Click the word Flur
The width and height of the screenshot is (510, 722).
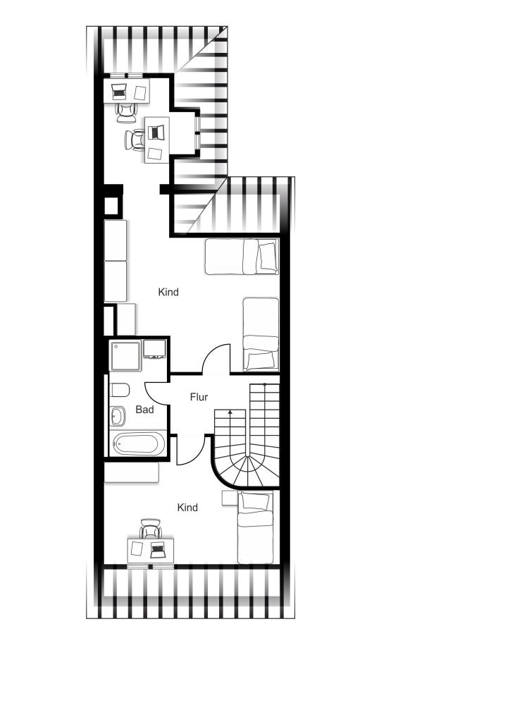point(199,397)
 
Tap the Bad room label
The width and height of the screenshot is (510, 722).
point(144,410)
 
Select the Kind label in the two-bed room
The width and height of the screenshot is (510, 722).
point(168,292)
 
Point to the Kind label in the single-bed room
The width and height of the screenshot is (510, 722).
point(187,508)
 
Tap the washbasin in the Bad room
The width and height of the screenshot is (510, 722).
point(118,416)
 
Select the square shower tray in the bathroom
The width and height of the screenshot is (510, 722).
point(125,355)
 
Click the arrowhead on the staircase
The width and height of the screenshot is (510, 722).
point(230,412)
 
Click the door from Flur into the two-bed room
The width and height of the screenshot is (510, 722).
point(217,359)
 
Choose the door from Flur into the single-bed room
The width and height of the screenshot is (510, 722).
point(189,449)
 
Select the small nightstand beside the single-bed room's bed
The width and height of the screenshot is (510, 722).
point(229,498)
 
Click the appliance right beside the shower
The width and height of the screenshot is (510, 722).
point(154,349)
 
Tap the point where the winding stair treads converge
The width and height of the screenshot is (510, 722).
point(248,456)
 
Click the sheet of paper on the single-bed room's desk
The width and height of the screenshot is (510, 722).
point(137,549)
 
